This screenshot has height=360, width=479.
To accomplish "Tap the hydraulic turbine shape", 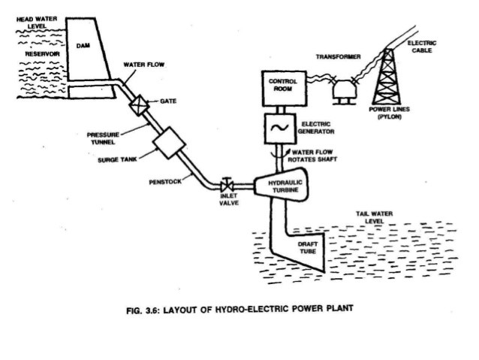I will (x=283, y=189).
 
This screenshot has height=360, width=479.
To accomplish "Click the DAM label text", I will (x=83, y=46).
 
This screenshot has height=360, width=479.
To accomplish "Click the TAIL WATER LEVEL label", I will (x=375, y=218).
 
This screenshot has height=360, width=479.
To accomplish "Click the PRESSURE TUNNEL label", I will (x=104, y=139).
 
